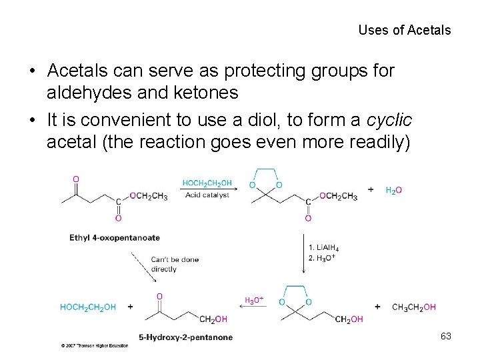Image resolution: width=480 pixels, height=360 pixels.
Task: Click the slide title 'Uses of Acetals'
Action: (404, 30)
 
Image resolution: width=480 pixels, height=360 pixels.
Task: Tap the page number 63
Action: (446, 337)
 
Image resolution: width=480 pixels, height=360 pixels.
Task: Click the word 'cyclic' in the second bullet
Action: (389, 121)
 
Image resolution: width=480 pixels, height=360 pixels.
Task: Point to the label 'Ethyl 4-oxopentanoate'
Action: (115, 237)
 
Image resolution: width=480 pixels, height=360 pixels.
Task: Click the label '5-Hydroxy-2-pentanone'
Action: (186, 337)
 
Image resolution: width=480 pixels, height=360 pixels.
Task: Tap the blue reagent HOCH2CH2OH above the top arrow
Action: (207, 183)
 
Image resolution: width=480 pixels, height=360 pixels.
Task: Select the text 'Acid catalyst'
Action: (207, 195)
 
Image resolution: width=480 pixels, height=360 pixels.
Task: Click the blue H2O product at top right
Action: (394, 191)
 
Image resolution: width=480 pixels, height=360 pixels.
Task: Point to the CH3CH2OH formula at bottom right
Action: (414, 307)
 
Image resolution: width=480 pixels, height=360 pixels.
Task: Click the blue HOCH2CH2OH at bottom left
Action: (88, 307)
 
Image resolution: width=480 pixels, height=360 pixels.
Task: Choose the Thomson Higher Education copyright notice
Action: (94, 347)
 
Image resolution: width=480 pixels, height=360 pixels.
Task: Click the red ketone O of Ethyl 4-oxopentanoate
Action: (75, 179)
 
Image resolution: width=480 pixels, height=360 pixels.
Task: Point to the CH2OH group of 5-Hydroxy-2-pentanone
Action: (213, 320)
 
